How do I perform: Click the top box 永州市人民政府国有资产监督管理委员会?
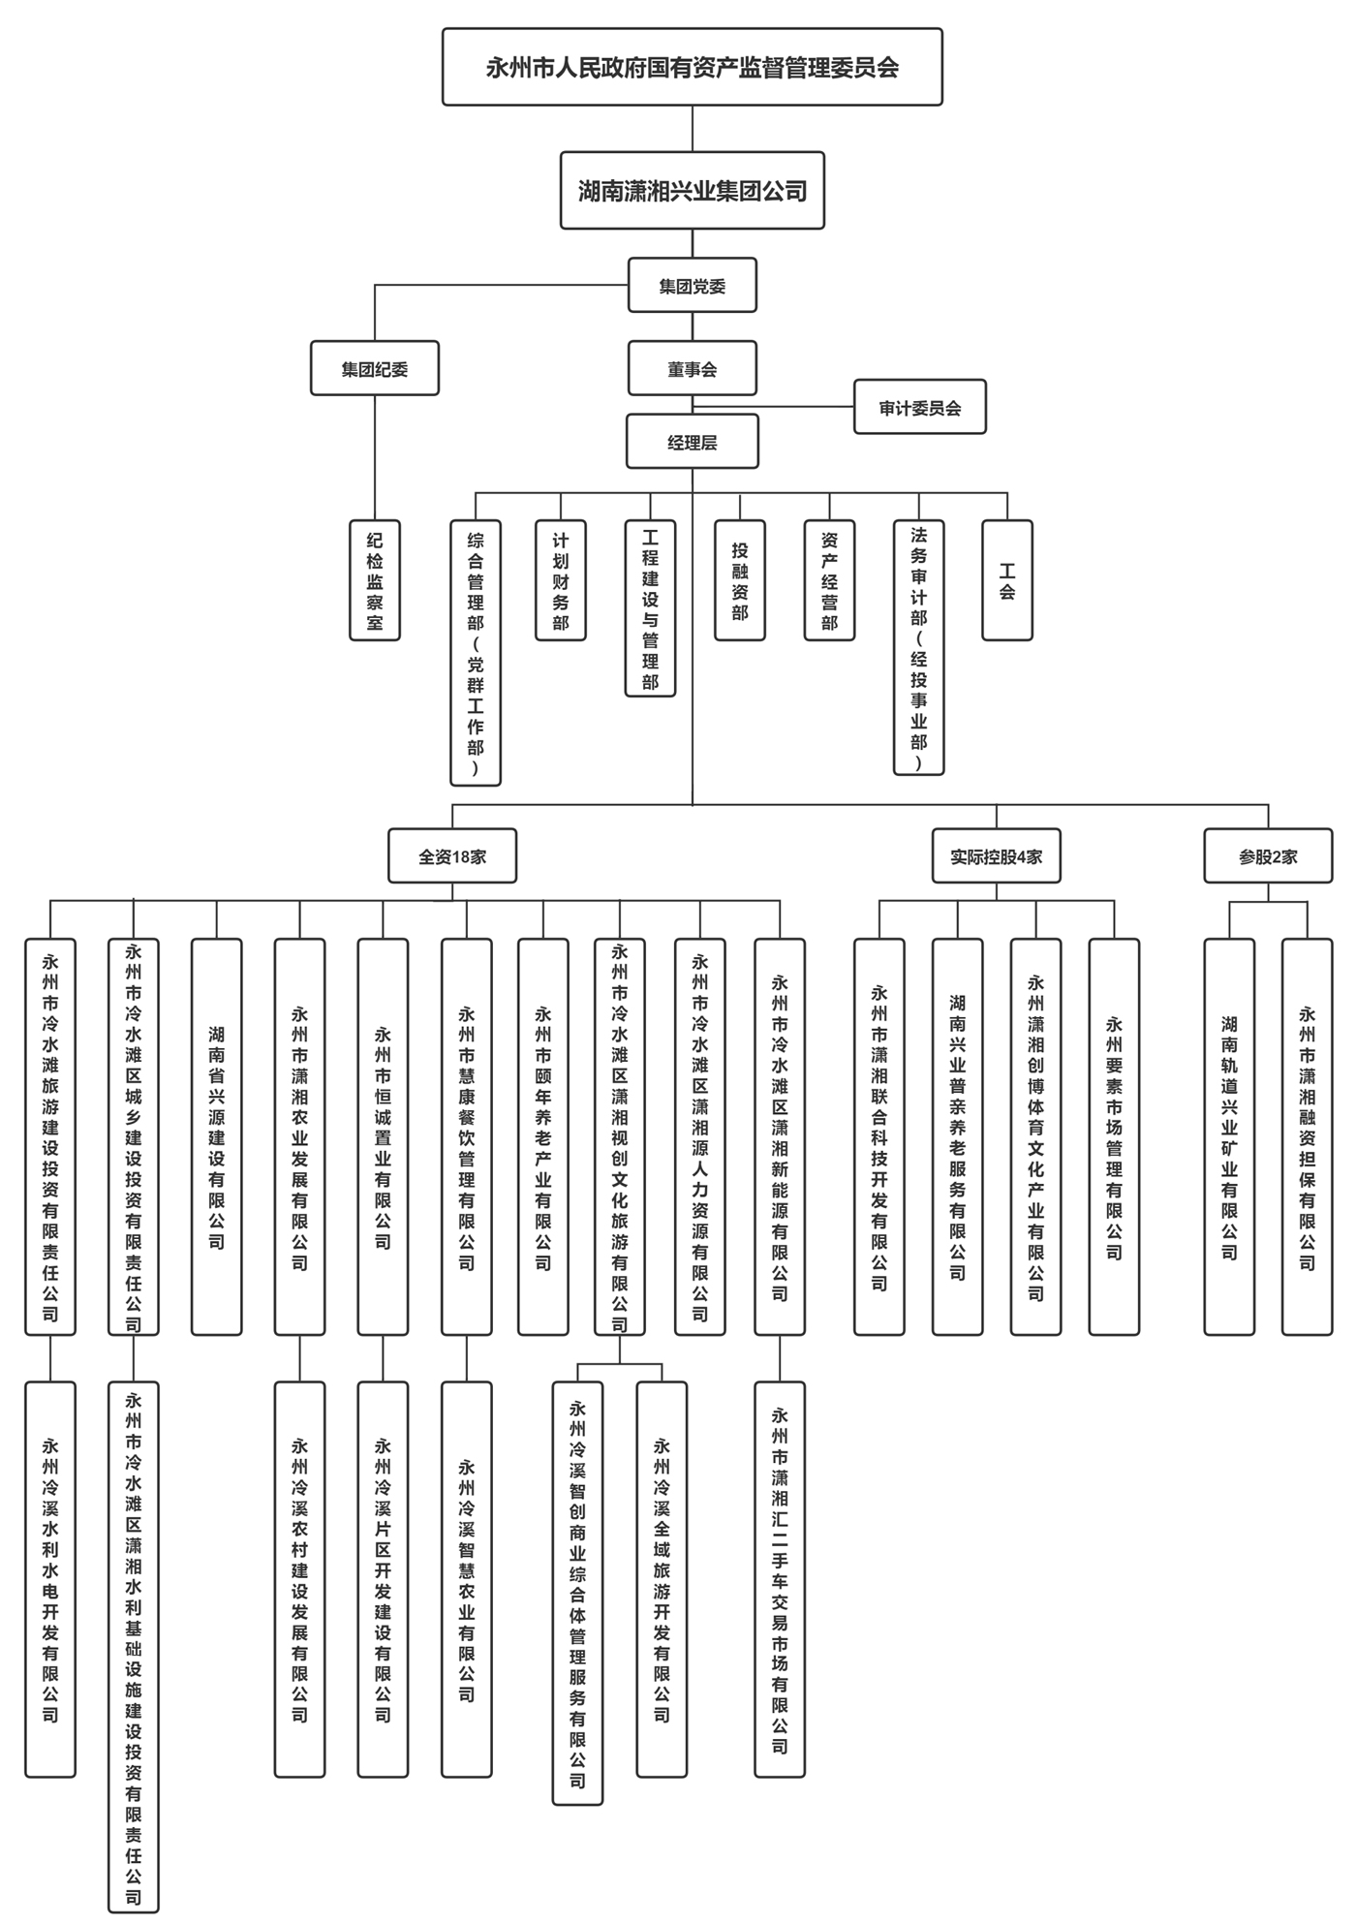click(692, 67)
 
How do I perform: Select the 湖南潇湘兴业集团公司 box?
click(692, 191)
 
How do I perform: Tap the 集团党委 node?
click(692, 286)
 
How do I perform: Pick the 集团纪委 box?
click(374, 369)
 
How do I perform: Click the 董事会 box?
click(692, 369)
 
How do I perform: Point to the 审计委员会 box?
click(919, 407)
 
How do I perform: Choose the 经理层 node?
click(692, 442)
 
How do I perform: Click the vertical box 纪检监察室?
click(374, 580)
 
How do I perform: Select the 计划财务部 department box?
click(560, 580)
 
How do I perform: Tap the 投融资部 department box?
click(739, 580)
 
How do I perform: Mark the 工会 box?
click(1006, 580)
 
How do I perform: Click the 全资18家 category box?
click(451, 856)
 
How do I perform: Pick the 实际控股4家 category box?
click(996, 856)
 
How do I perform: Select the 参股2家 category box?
click(1268, 856)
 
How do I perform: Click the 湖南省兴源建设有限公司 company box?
click(216, 1136)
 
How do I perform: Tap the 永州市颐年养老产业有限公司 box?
click(542, 1136)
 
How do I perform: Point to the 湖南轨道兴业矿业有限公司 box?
click(1228, 1136)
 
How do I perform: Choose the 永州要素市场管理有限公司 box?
click(1114, 1136)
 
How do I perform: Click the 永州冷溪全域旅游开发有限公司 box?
click(662, 1579)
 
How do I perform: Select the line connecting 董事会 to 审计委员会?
click(804, 407)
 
